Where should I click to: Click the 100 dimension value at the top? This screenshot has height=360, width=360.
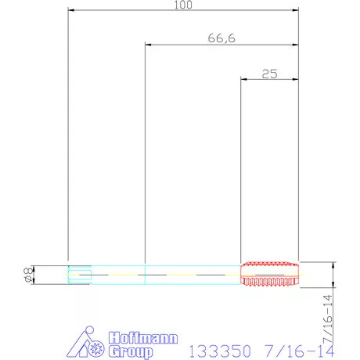click(183, 5)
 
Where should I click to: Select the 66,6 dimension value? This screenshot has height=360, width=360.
click(221, 38)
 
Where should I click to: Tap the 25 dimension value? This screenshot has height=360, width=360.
click(269, 74)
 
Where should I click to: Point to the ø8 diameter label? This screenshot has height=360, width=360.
click(29, 275)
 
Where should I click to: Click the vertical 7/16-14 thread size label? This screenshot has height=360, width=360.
click(328, 319)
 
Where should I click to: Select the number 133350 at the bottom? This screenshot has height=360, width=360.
click(220, 351)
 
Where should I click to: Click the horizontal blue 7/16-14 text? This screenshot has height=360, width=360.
click(299, 351)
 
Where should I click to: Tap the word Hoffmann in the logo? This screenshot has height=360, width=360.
click(143, 338)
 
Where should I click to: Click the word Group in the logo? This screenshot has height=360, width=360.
click(131, 351)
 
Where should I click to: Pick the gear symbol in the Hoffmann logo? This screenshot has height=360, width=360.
click(96, 349)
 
